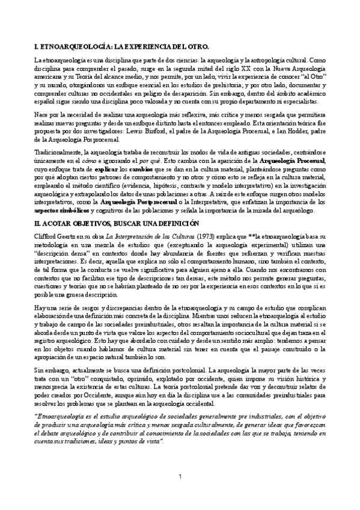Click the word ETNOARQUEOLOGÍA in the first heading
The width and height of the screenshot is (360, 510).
pyautogui.click(x=66, y=46)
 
